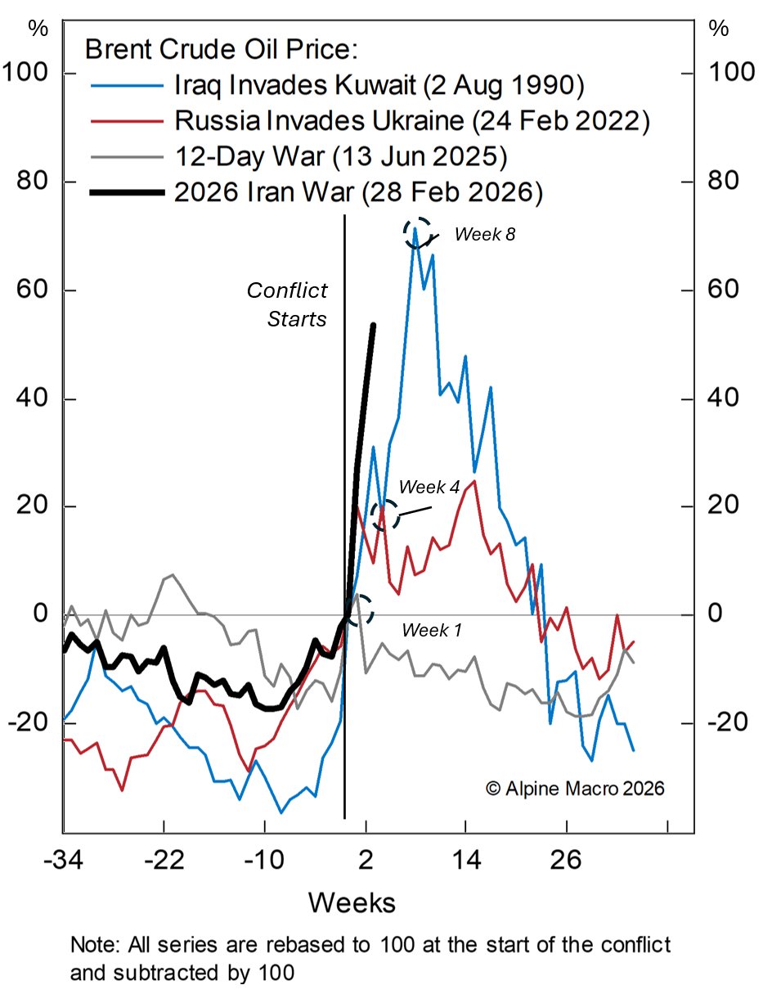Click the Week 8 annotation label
485,234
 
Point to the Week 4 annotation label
429,487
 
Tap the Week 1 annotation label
431,630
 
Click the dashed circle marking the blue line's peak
416,232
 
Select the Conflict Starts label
287,304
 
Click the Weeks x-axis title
352,903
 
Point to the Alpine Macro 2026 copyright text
575,789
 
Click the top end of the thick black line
373,326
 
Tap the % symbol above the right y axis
719,28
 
